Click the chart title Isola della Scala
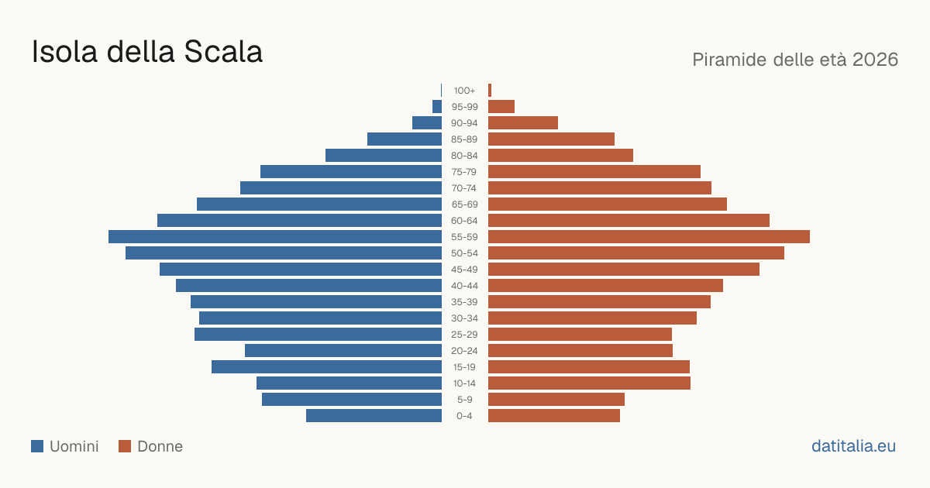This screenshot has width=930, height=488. tap(147, 52)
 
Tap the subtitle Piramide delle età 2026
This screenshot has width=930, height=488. tap(795, 60)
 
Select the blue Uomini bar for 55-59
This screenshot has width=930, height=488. tap(275, 236)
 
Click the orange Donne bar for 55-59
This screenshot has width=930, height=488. tap(649, 236)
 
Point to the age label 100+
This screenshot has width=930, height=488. tap(464, 91)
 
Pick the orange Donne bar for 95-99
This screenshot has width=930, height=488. tap(501, 107)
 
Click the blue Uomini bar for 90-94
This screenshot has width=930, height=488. tap(427, 123)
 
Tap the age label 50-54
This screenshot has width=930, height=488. tap(464, 253)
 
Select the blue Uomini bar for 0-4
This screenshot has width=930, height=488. tap(374, 416)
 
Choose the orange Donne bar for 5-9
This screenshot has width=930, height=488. tap(556, 399)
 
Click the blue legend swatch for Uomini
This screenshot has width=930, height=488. tap(37, 446)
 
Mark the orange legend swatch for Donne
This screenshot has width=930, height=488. tap(125, 446)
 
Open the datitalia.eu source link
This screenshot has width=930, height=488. tap(853, 446)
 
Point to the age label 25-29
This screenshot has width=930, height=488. tap(464, 335)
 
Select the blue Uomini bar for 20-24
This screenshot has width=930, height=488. tap(343, 351)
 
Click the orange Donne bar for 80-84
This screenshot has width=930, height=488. tap(560, 155)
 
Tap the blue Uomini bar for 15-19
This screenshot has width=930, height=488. tap(327, 367)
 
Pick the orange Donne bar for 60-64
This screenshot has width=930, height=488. tap(629, 220)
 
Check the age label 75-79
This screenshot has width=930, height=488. tap(464, 172)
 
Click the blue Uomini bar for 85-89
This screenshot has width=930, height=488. tap(405, 139)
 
